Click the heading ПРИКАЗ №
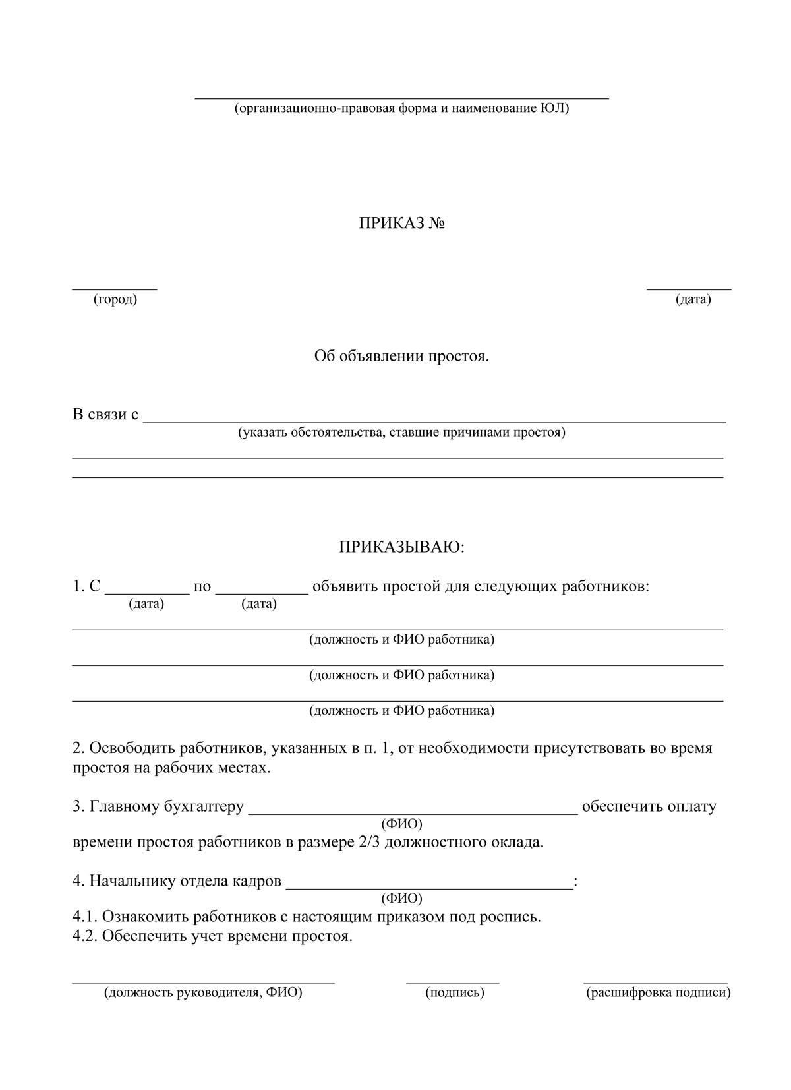(401, 224)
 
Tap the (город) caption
(115, 300)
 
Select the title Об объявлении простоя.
(401, 357)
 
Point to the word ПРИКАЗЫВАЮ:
(401, 547)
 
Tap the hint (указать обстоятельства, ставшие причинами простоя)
(401, 433)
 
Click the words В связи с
(105, 415)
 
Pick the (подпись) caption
(455, 992)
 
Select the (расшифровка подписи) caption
(658, 992)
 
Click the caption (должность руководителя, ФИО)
(203, 992)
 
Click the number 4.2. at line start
(85, 936)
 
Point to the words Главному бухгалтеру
(167, 806)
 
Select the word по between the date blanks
(202, 586)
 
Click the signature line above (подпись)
(453, 982)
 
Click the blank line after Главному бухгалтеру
(413, 814)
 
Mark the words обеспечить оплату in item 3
(649, 806)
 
